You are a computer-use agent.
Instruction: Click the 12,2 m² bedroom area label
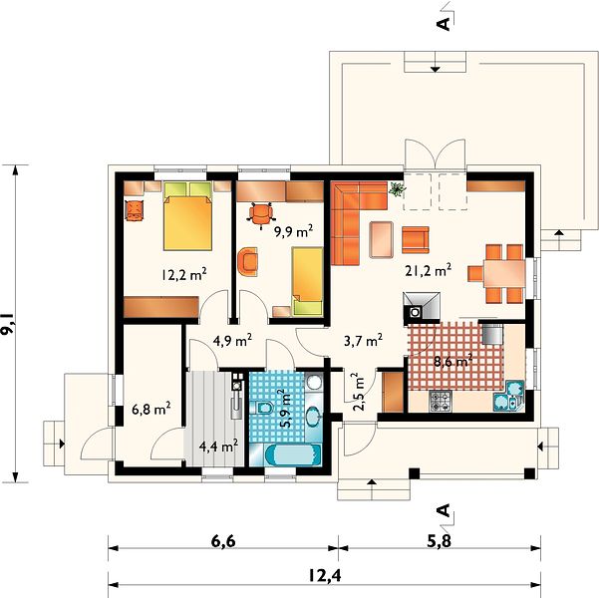coord(184,274)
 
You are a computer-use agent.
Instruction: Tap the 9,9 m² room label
coord(294,231)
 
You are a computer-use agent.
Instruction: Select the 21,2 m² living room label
coord(429,270)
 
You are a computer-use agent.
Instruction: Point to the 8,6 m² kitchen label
coord(453,361)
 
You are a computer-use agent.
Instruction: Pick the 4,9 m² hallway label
coord(232,340)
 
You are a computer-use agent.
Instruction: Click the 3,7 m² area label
coord(364,340)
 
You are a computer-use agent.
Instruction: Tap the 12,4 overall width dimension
coord(324,576)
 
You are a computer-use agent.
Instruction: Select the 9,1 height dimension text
coord(8,324)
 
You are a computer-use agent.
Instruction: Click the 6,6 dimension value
coord(222,541)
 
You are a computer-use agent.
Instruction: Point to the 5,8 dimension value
coord(439,541)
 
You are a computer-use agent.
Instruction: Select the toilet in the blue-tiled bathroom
coord(263,408)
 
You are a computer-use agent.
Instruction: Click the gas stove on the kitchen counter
coord(441,402)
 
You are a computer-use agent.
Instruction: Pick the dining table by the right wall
coord(504,274)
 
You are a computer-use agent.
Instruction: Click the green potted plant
coord(397,188)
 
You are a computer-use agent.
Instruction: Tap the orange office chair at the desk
coord(261,214)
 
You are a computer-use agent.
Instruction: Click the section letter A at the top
coord(444,24)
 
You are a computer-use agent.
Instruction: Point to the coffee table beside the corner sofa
coord(382,239)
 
